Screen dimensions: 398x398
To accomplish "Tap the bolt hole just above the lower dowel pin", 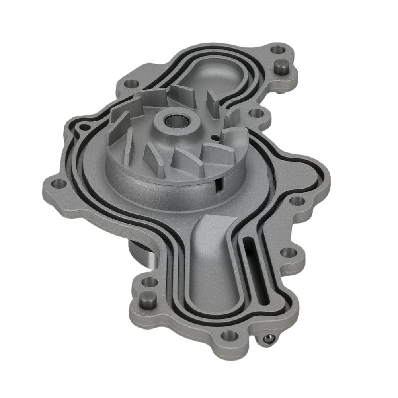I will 150,282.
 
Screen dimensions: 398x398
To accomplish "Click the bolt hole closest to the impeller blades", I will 255,113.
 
